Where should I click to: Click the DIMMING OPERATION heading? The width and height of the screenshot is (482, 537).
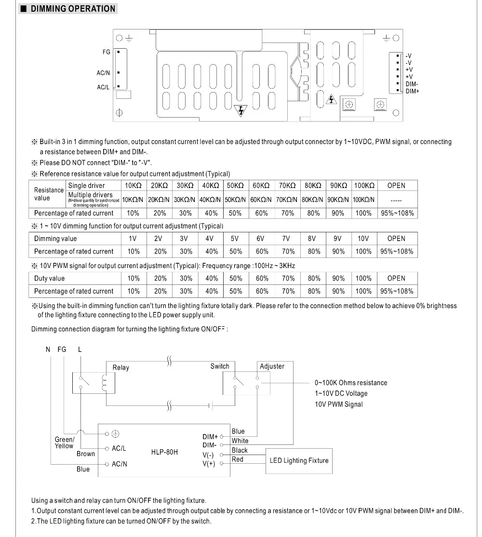[x=73, y=9]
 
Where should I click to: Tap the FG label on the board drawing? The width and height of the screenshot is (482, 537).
[x=107, y=52]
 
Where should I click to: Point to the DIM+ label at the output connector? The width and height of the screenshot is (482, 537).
[x=413, y=91]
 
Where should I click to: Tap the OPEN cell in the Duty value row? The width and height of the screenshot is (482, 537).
[x=396, y=278]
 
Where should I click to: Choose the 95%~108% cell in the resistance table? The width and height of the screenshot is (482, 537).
[x=397, y=213]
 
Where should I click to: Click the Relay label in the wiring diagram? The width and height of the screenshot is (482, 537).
[x=120, y=367]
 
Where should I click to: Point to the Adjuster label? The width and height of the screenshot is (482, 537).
[x=272, y=366]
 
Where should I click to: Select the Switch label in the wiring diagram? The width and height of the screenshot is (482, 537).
[x=220, y=366]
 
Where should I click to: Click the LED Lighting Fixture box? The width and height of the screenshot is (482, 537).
[x=299, y=460]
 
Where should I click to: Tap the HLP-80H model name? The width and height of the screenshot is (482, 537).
[x=164, y=452]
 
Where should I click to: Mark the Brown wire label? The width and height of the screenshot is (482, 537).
[x=86, y=454]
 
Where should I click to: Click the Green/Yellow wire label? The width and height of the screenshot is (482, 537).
[x=64, y=443]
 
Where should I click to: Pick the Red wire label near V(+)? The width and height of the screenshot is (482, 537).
[x=238, y=459]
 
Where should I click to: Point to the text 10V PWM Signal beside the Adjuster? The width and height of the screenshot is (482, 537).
[x=339, y=404]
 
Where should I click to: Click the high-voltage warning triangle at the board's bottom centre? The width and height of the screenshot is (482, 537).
[x=240, y=110]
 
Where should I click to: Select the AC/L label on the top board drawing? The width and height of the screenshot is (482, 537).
[x=104, y=87]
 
